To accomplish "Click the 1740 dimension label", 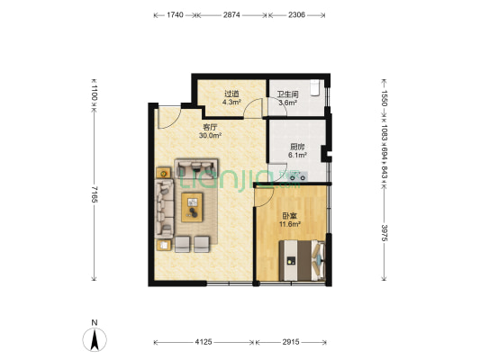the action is click(x=175, y=14).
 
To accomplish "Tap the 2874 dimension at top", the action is click(x=231, y=14).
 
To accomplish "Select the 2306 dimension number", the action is click(x=296, y=14).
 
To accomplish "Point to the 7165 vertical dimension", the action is click(x=94, y=194).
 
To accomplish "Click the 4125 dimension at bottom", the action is click(x=204, y=342).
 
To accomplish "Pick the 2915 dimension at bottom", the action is click(x=291, y=342).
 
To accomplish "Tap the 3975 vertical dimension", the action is click(x=385, y=233).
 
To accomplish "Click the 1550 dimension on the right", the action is click(x=385, y=98).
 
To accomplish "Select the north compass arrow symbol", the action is click(x=95, y=339).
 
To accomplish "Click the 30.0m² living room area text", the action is click(x=210, y=135).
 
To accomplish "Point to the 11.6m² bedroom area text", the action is click(x=289, y=224).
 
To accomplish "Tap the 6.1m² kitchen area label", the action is click(x=297, y=155).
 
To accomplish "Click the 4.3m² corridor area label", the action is click(x=231, y=103).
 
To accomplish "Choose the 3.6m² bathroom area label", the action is click(x=287, y=103).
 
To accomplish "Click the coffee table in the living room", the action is click(x=192, y=207).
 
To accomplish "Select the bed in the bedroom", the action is click(x=302, y=260).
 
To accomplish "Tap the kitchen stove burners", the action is click(x=298, y=177).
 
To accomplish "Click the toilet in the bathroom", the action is click(x=315, y=88).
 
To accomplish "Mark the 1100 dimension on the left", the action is click(x=94, y=94).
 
